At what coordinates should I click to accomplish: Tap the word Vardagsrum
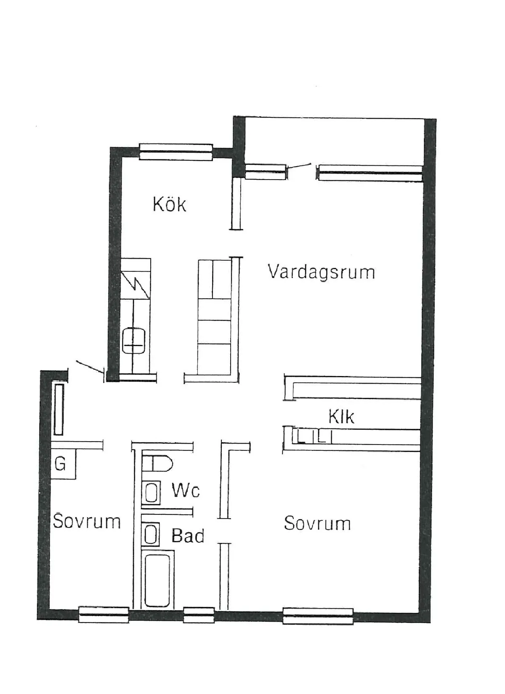coord(321,272)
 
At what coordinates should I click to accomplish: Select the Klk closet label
coord(341,416)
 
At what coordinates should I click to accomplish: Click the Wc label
coord(186,490)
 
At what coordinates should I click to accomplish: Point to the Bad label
coord(188,535)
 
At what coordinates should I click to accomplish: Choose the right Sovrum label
coord(317,523)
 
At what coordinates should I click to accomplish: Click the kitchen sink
coord(133,341)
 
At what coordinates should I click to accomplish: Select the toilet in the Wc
coord(157,464)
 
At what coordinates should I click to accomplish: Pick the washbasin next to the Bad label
coord(151,534)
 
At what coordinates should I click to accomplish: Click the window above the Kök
coord(176,152)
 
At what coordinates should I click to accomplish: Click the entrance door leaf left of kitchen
coord(90,366)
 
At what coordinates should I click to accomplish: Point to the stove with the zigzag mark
coord(136,279)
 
